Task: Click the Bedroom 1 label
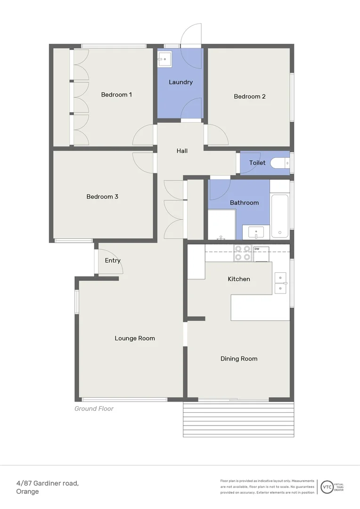pos(116,95)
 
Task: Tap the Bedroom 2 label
pos(250,97)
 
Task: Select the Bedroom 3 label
pos(102,197)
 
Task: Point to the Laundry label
pos(180,82)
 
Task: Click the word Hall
pos(182,151)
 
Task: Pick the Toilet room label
pos(257,163)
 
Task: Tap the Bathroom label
pos(244,203)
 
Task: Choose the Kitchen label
pos(239,279)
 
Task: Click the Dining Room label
pos(239,359)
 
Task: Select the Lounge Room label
pos(135,338)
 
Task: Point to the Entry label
pos(113,261)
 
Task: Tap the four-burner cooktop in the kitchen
pos(243,253)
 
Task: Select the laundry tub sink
pos(164,59)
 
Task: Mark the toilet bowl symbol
pos(282,163)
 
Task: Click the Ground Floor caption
pos(94,409)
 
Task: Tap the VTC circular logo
pos(326,487)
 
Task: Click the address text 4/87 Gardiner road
pos(47,483)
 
